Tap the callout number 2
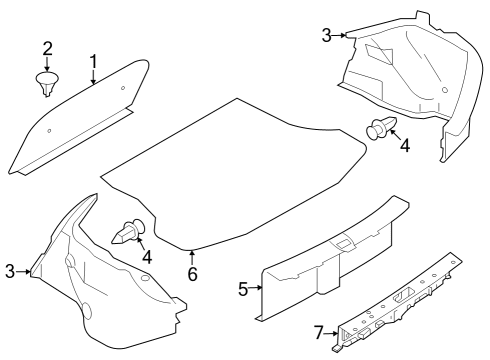[x=47, y=49]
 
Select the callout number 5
[x=243, y=289]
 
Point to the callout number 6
[x=192, y=274]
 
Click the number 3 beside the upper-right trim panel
[x=326, y=35]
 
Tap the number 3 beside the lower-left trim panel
[x=11, y=271]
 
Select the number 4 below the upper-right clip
[x=405, y=146]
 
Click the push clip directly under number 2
[x=46, y=84]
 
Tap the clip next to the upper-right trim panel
[x=381, y=129]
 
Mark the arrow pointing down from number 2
[x=47, y=65]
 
